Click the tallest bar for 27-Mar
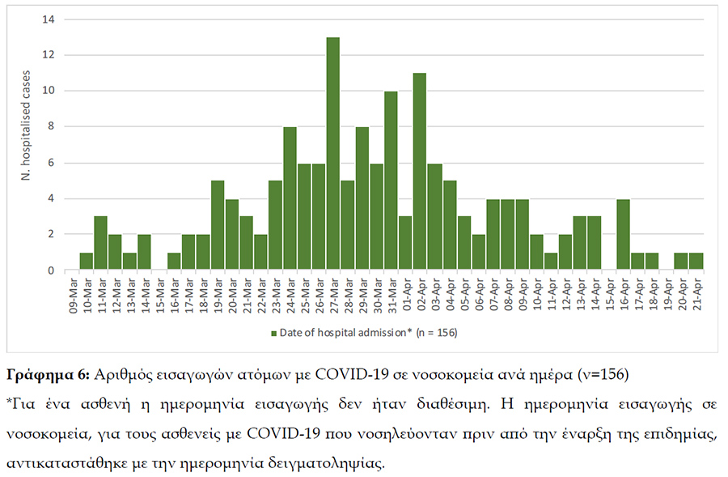point(332,154)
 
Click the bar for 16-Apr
point(622,234)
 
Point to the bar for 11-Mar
point(101,243)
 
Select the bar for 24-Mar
point(290,198)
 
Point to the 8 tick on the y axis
point(50,126)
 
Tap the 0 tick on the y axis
point(50,270)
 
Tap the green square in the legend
point(274,332)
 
